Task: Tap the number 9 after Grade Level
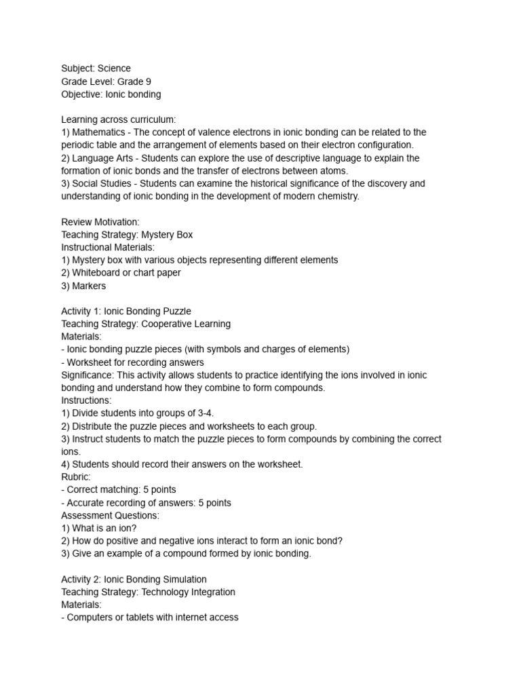coord(148,81)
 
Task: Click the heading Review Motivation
coord(100,222)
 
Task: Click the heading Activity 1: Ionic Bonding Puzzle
coord(126,312)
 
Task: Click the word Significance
coord(87,375)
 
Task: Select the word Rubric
coord(75,476)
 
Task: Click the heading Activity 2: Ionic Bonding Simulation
coord(134,579)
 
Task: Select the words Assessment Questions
coord(110,515)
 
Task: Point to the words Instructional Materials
coord(108,248)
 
